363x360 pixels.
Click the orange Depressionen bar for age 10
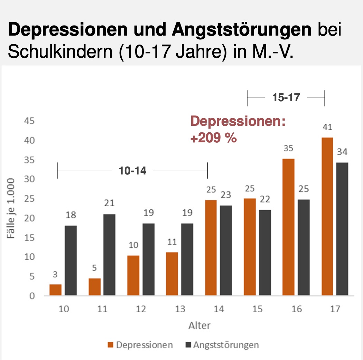[x=55, y=290]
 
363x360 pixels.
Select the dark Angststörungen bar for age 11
[x=109, y=255]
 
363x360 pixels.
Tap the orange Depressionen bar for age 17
[x=327, y=217]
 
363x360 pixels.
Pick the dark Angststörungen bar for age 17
[x=342, y=229]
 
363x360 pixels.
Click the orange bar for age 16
[x=288, y=227]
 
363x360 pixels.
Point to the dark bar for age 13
[x=187, y=259]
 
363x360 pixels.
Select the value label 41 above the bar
[x=327, y=127]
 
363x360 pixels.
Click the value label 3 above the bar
[x=55, y=275]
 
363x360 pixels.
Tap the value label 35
[x=288, y=149]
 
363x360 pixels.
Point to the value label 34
[x=342, y=152]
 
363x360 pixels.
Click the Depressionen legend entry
[x=140, y=345]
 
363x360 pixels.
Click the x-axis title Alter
[x=199, y=325]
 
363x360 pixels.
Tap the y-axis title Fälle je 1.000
[x=12, y=209]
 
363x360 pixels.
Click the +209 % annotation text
[x=213, y=138]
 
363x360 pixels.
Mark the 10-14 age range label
[x=132, y=171]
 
